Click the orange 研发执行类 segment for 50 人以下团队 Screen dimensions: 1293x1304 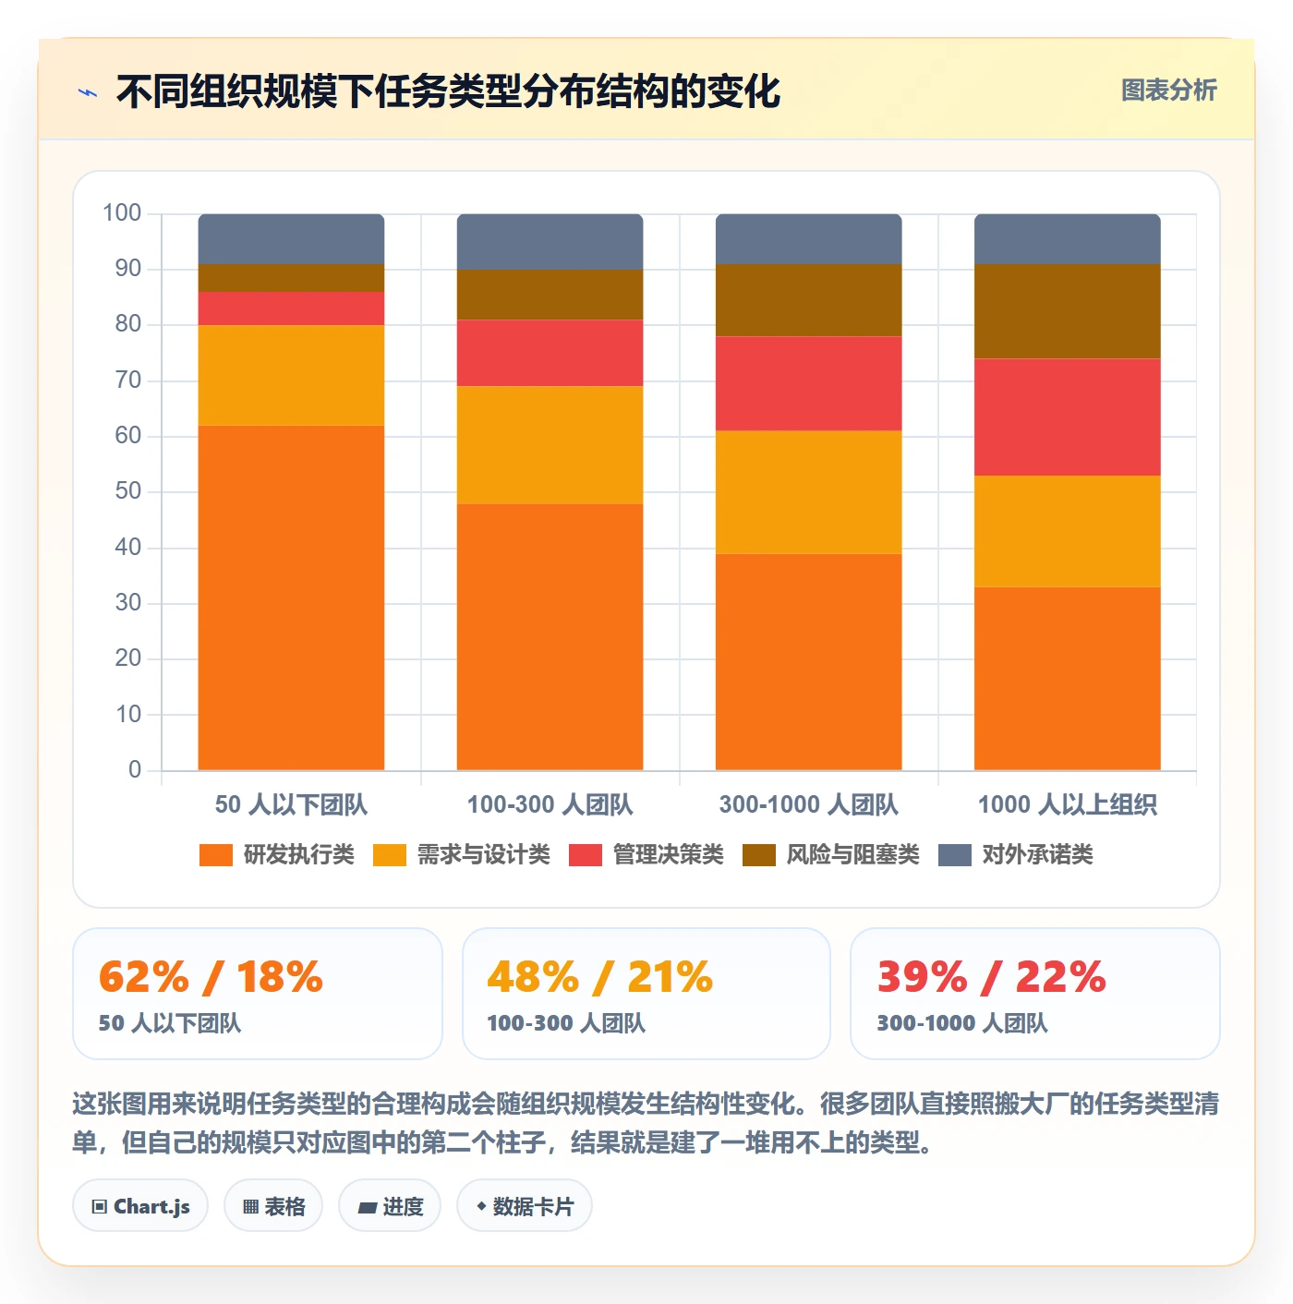pyautogui.click(x=291, y=598)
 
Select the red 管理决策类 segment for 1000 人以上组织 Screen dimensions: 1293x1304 pyautogui.click(x=1067, y=417)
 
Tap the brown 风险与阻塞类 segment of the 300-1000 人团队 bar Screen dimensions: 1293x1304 pyautogui.click(x=808, y=300)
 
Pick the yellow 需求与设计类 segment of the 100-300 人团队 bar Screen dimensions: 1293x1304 pyautogui.click(x=550, y=445)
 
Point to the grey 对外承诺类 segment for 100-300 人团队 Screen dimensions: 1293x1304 pyautogui.click(x=550, y=242)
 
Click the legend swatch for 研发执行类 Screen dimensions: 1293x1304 pyautogui.click(x=216, y=854)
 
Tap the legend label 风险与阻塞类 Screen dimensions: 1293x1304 pyautogui.click(x=853, y=854)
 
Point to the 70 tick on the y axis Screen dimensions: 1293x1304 pyautogui.click(x=128, y=380)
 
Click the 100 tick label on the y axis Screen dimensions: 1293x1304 pyautogui.click(x=122, y=213)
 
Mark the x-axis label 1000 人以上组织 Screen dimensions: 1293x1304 pyautogui.click(x=1067, y=804)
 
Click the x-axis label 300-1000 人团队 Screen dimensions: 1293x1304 pyautogui.click(x=808, y=804)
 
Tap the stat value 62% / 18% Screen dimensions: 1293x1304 pyautogui.click(x=211, y=977)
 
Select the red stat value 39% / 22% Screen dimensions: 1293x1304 pyautogui.click(x=991, y=977)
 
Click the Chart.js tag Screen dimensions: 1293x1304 pyautogui.click(x=140, y=1206)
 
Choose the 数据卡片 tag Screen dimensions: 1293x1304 pyautogui.click(x=525, y=1206)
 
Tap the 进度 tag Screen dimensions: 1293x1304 pyautogui.click(x=390, y=1206)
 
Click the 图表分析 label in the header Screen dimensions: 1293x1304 pyautogui.click(x=1169, y=90)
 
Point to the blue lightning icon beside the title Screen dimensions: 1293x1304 pyautogui.click(x=88, y=92)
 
